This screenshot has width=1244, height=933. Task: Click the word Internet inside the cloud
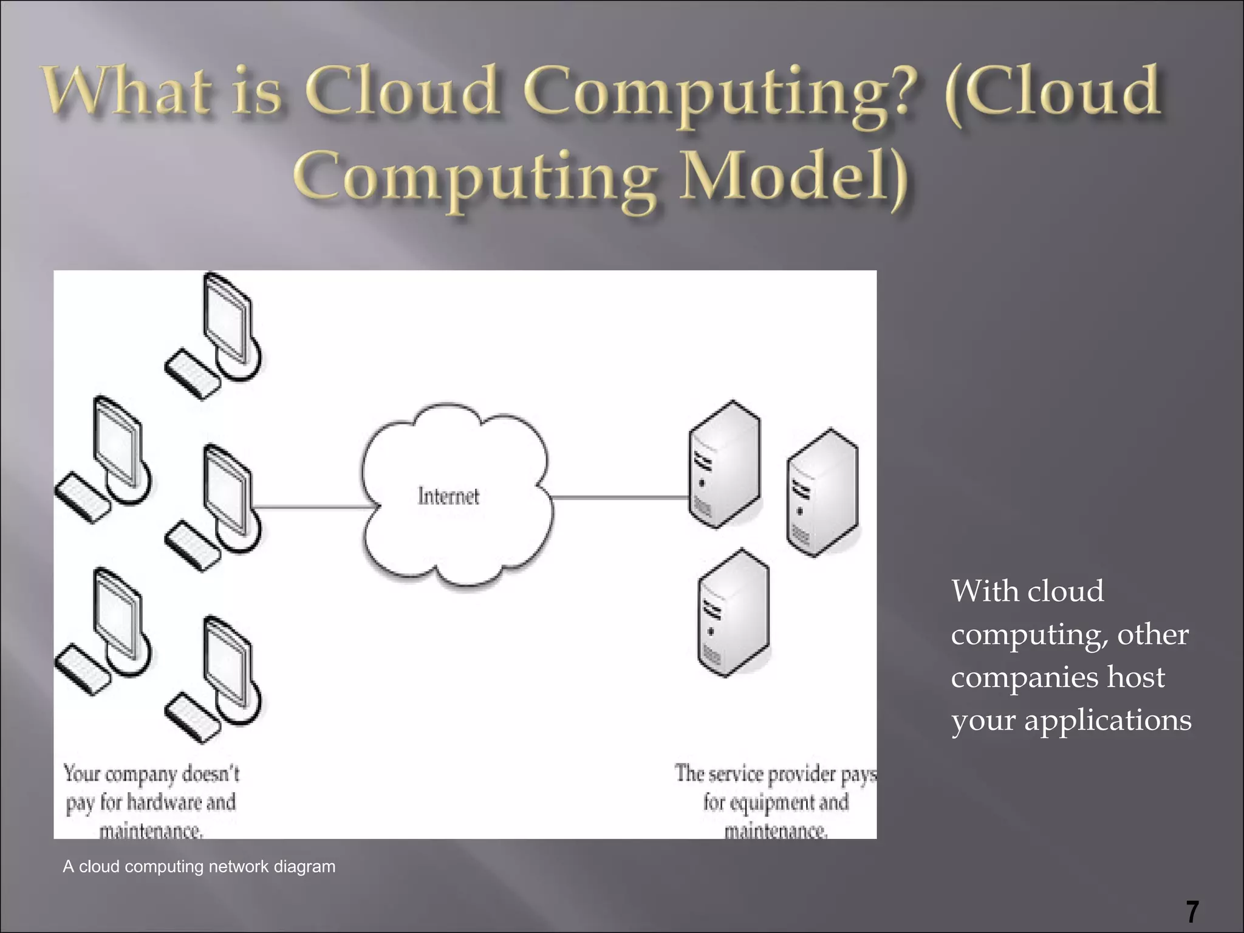coord(448,496)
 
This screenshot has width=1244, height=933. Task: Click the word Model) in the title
coord(793,176)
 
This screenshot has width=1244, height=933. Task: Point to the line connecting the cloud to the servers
coord(620,497)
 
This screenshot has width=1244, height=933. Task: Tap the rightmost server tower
coord(822,492)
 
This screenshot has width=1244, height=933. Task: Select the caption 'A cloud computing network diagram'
coord(199,866)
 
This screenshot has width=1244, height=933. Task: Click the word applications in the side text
coord(1107,720)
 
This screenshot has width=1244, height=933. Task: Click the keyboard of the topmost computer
coord(192,374)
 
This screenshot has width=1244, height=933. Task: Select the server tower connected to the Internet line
coord(724,465)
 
